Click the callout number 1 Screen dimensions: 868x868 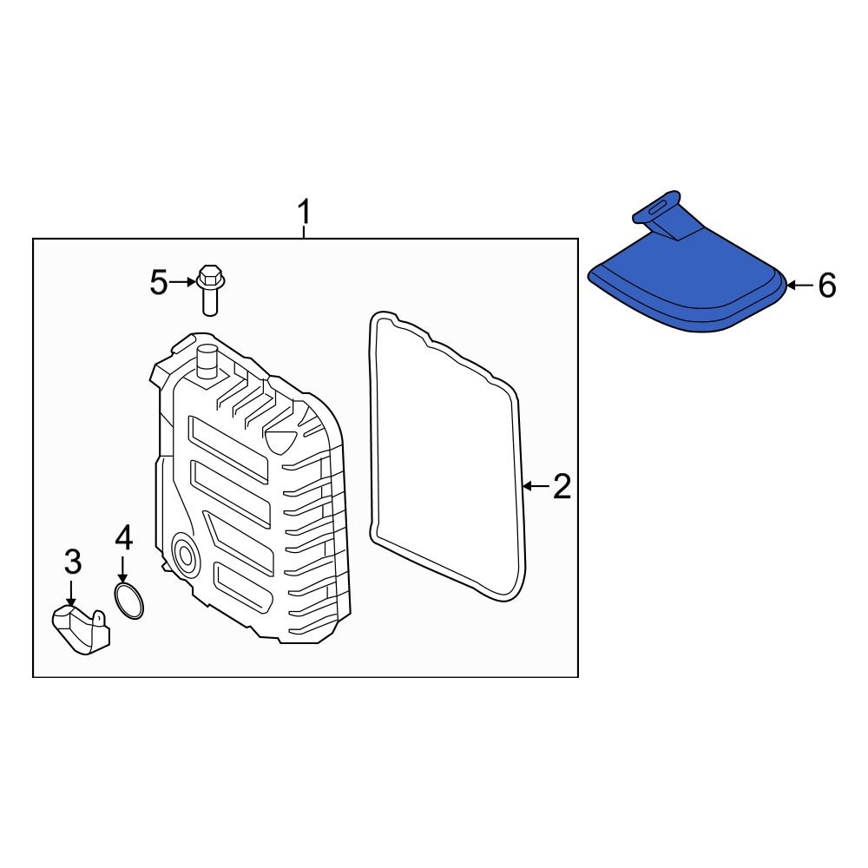[x=304, y=211]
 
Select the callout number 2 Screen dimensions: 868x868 [x=562, y=487]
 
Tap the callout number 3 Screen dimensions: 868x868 [x=73, y=562]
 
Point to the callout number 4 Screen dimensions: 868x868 [x=123, y=538]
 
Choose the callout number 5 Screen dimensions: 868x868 [x=158, y=282]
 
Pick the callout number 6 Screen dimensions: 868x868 [x=826, y=285]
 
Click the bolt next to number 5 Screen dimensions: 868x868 [x=210, y=289]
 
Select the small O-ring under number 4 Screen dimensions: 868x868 [x=129, y=601]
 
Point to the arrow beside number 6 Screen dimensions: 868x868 [x=799, y=285]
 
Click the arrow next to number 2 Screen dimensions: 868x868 [x=536, y=486]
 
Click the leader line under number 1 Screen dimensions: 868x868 [x=304, y=232]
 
